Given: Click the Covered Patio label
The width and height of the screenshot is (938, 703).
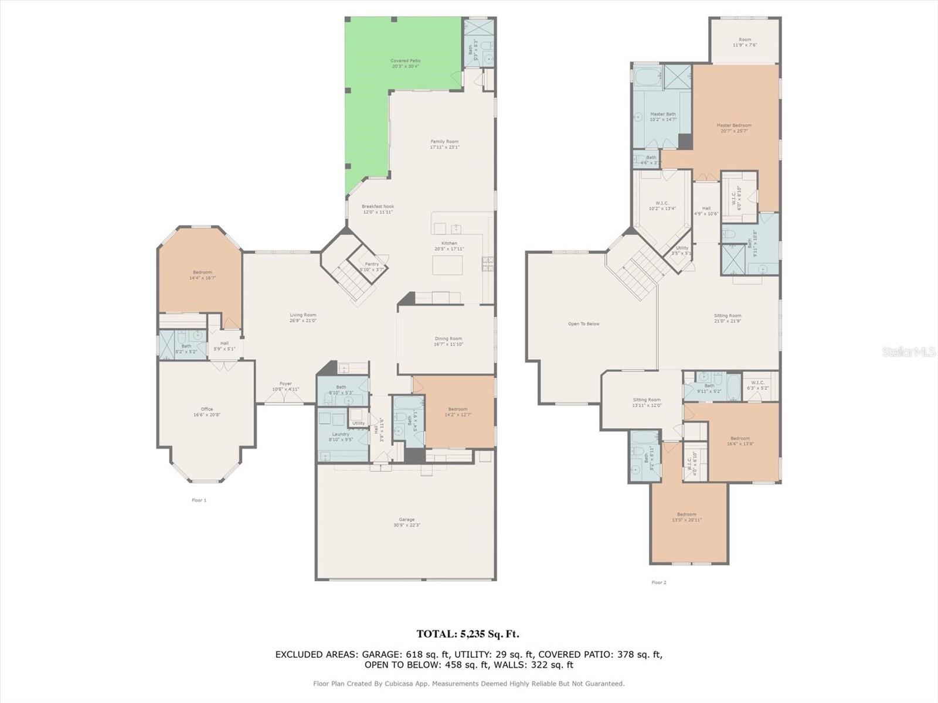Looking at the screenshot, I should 405,63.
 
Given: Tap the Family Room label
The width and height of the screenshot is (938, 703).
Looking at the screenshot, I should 444,144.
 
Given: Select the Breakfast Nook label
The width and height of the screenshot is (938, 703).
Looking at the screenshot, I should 378,209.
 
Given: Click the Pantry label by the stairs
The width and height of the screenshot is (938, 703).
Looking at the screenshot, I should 372,267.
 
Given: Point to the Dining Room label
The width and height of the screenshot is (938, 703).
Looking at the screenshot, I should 448,341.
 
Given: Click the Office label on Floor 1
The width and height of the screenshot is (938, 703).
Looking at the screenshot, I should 206,412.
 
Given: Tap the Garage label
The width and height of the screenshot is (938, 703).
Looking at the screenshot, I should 406,522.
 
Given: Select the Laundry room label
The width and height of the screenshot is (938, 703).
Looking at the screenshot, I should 340,436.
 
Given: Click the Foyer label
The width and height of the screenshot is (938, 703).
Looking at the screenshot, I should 286,386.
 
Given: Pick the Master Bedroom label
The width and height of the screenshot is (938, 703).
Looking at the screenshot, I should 733,128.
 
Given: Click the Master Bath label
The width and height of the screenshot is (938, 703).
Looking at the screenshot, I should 662,117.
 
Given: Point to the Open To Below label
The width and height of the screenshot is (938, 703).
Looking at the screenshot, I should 583,324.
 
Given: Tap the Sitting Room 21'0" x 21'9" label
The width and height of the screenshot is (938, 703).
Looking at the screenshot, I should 728,318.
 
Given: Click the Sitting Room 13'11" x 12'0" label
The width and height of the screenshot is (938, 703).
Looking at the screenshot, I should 646,402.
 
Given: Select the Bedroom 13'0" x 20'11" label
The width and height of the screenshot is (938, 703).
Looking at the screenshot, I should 686,517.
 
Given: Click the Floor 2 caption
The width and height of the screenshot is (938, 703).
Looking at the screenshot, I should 658,582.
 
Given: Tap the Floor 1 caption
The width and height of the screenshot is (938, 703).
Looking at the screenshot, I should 199,500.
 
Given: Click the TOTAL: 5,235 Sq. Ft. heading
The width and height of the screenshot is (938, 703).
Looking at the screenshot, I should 467,634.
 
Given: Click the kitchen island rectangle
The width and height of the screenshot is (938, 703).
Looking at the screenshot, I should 447,265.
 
